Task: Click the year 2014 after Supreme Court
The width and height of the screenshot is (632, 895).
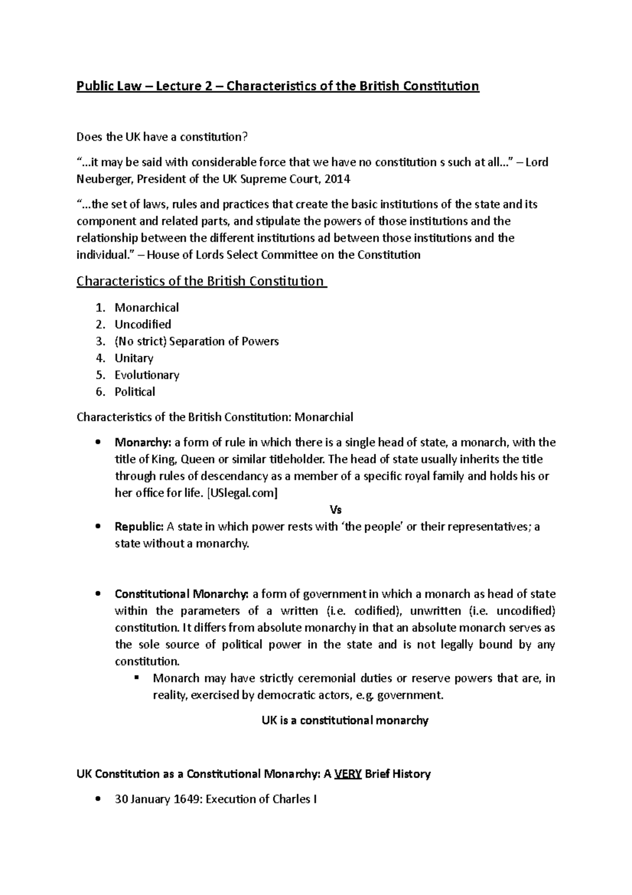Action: (x=337, y=179)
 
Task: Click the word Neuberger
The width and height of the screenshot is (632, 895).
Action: (x=105, y=179)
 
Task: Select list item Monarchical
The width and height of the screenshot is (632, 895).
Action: (x=146, y=307)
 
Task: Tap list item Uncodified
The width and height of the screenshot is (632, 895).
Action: (x=143, y=324)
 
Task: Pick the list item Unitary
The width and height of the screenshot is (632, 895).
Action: (x=134, y=358)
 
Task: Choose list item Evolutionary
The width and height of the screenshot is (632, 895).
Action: (x=147, y=375)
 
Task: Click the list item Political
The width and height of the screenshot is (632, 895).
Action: (x=135, y=392)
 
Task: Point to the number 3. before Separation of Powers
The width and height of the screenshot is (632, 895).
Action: (x=101, y=341)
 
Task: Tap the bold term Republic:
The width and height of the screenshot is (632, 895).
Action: (x=139, y=527)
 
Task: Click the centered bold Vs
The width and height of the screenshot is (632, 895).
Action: (x=335, y=510)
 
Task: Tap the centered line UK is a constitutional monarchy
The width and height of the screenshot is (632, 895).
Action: (x=345, y=720)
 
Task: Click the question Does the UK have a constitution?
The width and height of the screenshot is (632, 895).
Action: (x=162, y=137)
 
